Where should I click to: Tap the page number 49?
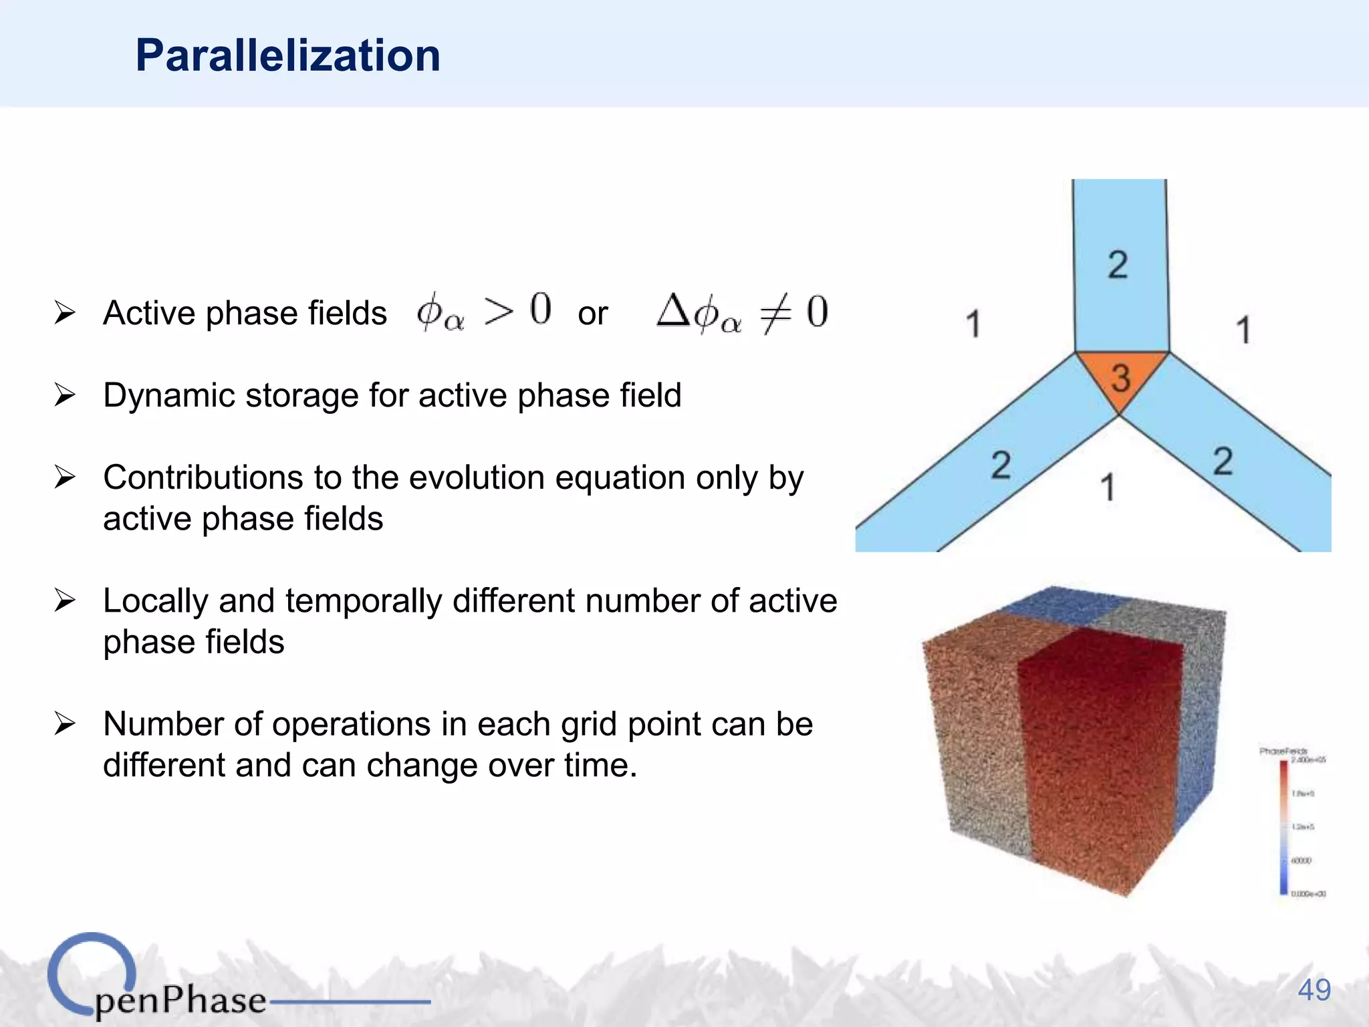tap(1314, 990)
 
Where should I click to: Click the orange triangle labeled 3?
tap(1121, 376)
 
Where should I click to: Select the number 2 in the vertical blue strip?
tap(1118, 265)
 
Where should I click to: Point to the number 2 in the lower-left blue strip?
tap(1001, 465)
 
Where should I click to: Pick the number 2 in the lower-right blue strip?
tap(1223, 461)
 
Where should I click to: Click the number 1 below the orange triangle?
tap(1108, 487)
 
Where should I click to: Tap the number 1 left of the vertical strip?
tap(973, 324)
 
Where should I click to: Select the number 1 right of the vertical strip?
tap(1243, 330)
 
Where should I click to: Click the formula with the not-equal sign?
tap(742, 313)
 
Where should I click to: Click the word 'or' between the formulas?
tap(592, 314)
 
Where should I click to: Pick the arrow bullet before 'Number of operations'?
tap(65, 723)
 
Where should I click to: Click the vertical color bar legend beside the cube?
tap(1283, 827)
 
